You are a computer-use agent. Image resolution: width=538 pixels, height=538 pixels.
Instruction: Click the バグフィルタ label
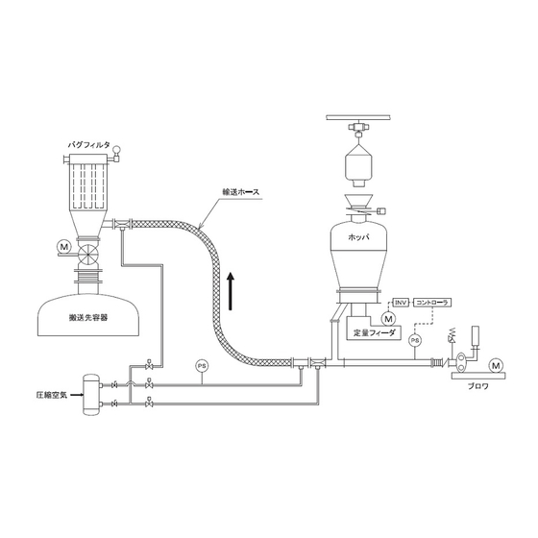pyautogui.click(x=89, y=145)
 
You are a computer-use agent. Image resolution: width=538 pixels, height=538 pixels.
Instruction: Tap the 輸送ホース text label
pyautogui.click(x=241, y=192)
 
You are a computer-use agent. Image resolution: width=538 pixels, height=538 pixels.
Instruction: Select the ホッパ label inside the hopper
pyautogui.click(x=359, y=236)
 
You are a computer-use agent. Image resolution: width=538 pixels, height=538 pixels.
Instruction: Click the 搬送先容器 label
pyautogui.click(x=88, y=317)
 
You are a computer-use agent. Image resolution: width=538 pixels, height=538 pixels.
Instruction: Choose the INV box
pyautogui.click(x=401, y=303)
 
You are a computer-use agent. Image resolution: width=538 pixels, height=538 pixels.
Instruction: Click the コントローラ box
pyautogui.click(x=432, y=303)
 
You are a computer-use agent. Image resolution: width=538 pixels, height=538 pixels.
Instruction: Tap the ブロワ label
pyautogui.click(x=478, y=386)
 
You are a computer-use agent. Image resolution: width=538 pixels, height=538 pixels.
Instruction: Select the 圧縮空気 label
pyautogui.click(x=52, y=395)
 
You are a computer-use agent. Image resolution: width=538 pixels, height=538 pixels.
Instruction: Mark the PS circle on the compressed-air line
pyautogui.click(x=202, y=366)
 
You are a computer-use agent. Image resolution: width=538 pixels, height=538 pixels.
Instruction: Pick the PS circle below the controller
pyautogui.click(x=415, y=340)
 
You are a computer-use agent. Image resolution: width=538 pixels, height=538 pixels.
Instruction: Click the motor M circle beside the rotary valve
pyautogui.click(x=63, y=246)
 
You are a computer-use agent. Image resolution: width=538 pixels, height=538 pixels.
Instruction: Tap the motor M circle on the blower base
pyautogui.click(x=496, y=365)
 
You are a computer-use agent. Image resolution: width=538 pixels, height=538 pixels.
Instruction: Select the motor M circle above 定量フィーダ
pyautogui.click(x=388, y=319)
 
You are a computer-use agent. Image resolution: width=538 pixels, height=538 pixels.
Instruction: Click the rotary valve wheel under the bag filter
pyautogui.click(x=88, y=255)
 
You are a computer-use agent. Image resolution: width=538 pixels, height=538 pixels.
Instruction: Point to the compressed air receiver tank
pyautogui.click(x=91, y=395)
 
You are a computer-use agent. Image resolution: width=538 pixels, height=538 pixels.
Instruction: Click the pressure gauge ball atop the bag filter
pyautogui.click(x=116, y=149)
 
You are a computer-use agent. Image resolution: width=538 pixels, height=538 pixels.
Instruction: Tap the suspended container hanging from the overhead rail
pyautogui.click(x=358, y=165)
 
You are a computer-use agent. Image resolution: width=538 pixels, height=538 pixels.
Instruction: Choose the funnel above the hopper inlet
pyautogui.click(x=358, y=202)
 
